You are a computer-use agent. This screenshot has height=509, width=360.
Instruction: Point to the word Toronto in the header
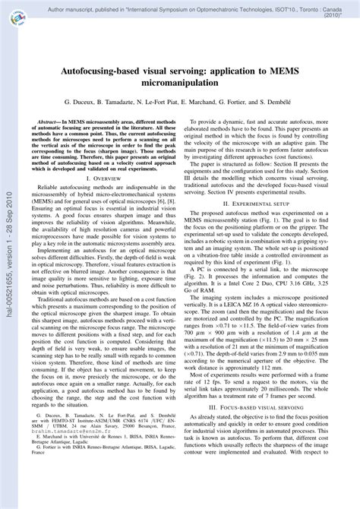coord(280,6)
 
